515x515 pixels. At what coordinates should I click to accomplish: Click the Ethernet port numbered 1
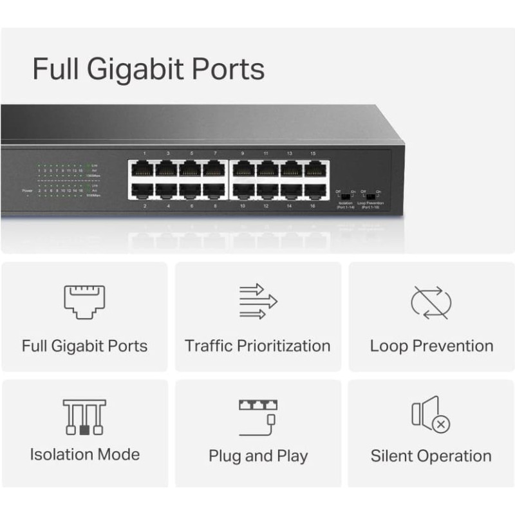pos(143,169)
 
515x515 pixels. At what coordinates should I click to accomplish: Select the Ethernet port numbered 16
pos(314,191)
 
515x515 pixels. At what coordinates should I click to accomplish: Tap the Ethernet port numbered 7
pos(214,169)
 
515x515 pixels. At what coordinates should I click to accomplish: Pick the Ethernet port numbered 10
pos(243,191)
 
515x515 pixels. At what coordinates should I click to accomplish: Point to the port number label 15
pos(313,154)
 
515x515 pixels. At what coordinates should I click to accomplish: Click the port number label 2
pos(145,206)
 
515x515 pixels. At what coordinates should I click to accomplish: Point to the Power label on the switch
pos(27,191)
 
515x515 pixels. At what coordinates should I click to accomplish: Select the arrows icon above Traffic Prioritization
pos(257,301)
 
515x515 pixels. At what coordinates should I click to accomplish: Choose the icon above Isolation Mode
pos(84,417)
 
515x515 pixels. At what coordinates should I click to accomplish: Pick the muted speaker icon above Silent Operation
pos(431,415)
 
